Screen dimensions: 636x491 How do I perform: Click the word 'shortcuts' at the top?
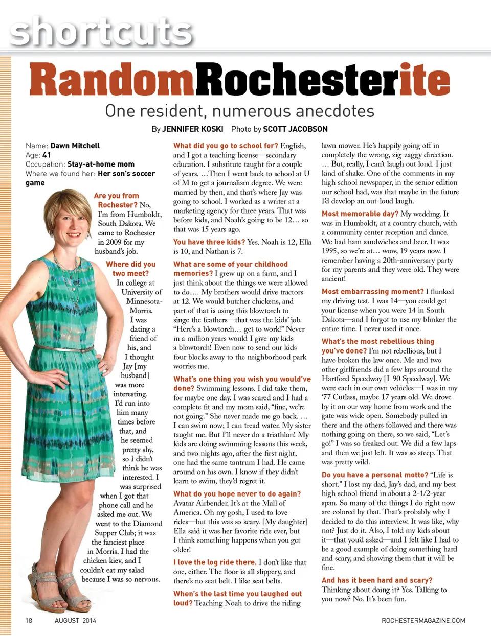[101, 32]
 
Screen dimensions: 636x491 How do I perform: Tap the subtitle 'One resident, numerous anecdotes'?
[239, 111]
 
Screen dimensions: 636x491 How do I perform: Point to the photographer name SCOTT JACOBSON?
[296, 129]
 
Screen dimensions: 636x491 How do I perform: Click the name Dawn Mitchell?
[75, 146]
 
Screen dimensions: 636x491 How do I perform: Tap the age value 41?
[47, 155]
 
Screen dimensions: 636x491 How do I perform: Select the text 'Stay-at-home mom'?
[101, 164]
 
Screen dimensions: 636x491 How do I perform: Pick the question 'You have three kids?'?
[209, 242]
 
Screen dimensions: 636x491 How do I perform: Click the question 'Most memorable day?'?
[360, 214]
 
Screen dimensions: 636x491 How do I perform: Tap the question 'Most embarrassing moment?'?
[372, 291]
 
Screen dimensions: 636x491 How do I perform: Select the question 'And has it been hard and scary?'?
[376, 580]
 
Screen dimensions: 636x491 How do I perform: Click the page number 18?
[29, 620]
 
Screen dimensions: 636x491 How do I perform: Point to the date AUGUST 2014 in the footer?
[75, 620]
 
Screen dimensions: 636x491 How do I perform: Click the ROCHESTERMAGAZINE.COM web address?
[423, 620]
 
